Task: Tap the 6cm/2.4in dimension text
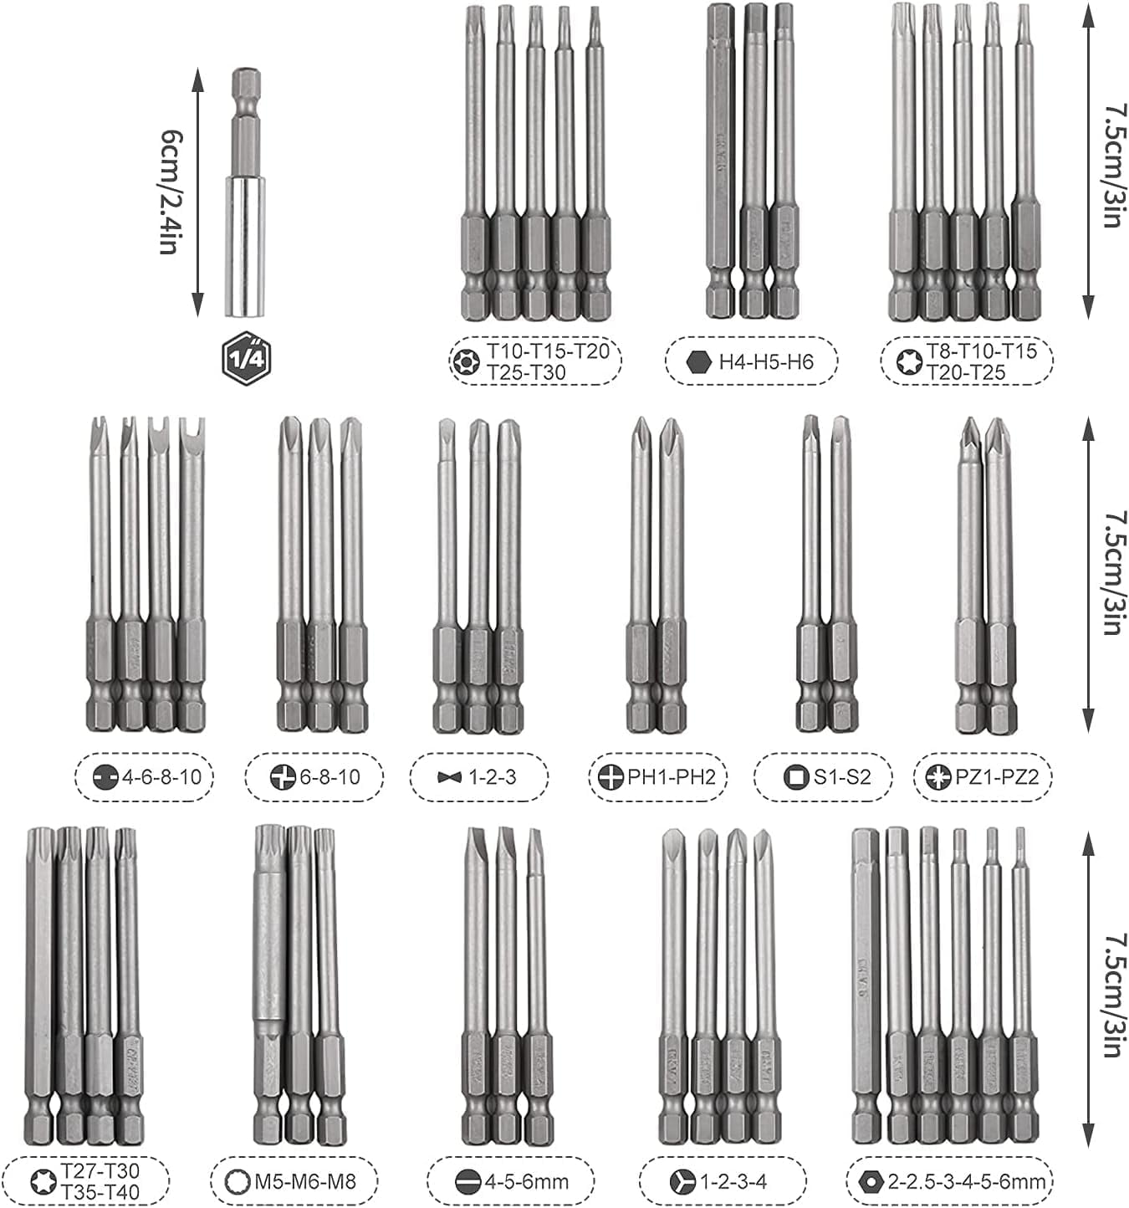click(x=170, y=192)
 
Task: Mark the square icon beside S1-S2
click(x=795, y=777)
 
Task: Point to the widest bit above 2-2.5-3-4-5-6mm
click(x=865, y=987)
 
